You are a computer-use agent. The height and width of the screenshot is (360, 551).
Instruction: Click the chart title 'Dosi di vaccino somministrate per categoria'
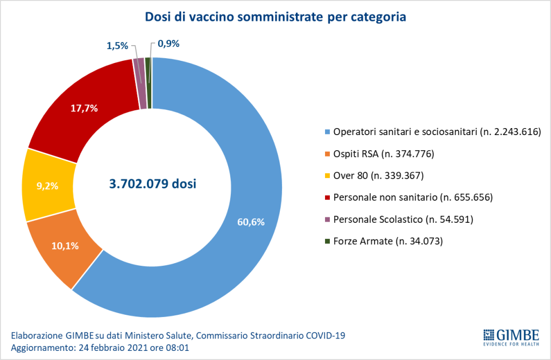tap(275, 17)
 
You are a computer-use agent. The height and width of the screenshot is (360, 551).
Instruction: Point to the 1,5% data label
tap(117, 46)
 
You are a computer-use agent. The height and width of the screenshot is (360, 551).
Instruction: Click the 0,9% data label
tap(168, 44)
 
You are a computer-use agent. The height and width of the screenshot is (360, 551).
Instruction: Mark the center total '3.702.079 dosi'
tap(152, 184)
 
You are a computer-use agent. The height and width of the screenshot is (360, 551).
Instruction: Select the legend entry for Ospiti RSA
tap(383, 154)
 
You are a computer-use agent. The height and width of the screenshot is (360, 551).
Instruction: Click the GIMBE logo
tap(507, 336)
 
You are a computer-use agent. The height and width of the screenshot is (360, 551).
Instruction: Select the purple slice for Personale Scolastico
tap(142, 83)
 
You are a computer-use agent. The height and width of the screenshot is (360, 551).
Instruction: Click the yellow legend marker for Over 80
tap(327, 176)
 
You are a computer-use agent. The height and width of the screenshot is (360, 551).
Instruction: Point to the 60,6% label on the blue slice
tap(250, 221)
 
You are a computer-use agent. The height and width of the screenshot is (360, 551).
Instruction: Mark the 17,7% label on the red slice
tap(84, 108)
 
